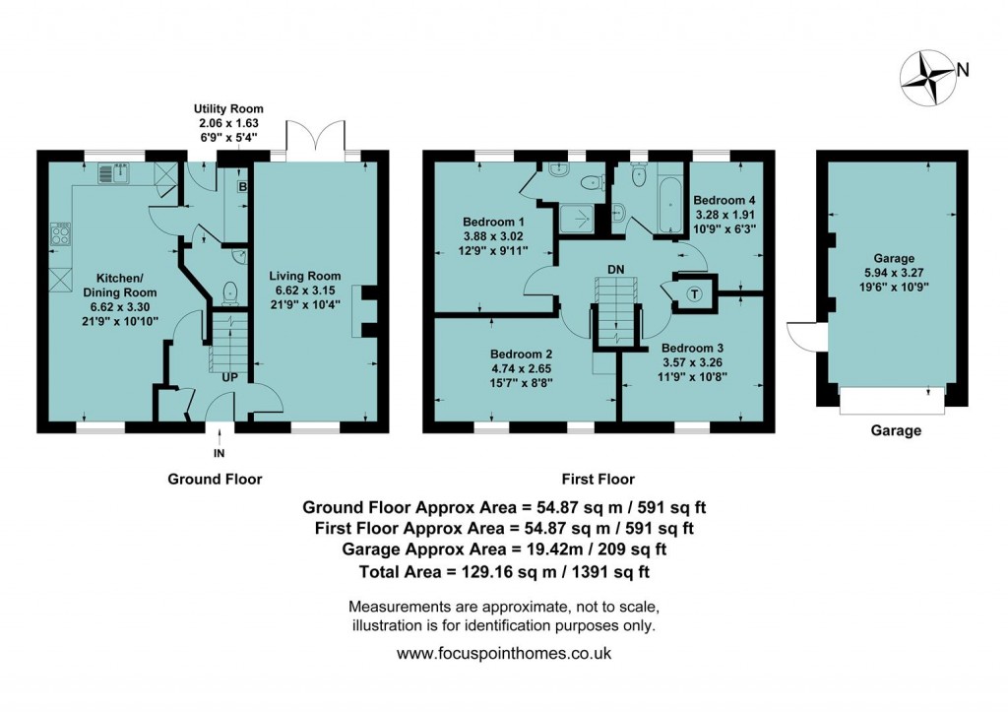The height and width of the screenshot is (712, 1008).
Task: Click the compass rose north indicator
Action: [930, 78]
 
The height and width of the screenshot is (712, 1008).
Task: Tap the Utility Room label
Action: [228, 108]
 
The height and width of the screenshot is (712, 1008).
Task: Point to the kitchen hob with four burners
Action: [61, 233]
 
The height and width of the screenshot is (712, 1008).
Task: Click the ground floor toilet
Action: [229, 291]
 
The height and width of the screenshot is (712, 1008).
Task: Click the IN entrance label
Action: [219, 454]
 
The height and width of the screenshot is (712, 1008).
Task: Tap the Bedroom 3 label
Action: [692, 348]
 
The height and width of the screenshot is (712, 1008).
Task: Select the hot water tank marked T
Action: [693, 292]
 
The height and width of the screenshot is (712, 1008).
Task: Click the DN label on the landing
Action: [615, 268]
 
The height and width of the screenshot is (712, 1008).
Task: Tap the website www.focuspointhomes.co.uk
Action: [504, 653]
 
